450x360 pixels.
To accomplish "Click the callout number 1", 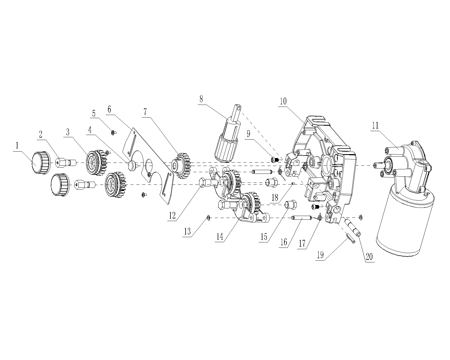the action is [17, 145].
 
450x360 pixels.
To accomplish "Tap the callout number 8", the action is [201, 99].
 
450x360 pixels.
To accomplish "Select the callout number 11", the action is [375, 125].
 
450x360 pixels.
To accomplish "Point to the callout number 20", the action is [369, 257].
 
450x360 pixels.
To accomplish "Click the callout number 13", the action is [187, 231].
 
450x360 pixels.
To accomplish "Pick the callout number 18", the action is [275, 197].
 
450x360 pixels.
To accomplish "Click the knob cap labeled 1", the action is [41, 163].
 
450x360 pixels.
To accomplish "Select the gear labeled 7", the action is [181, 165].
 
